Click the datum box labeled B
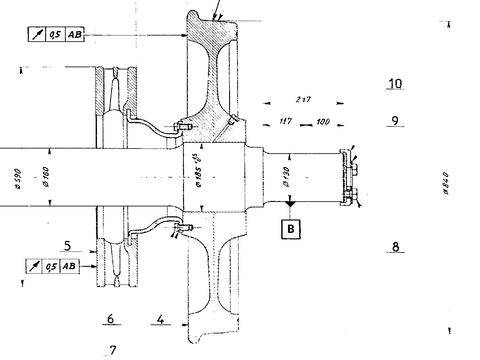click(291, 229)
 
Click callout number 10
click(395, 84)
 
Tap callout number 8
click(396, 247)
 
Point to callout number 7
click(112, 350)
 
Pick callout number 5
click(68, 246)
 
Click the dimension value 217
click(302, 100)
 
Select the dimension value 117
click(285, 121)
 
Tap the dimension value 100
click(323, 122)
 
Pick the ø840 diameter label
click(446, 183)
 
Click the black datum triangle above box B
click(290, 203)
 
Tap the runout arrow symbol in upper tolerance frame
click(37, 35)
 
